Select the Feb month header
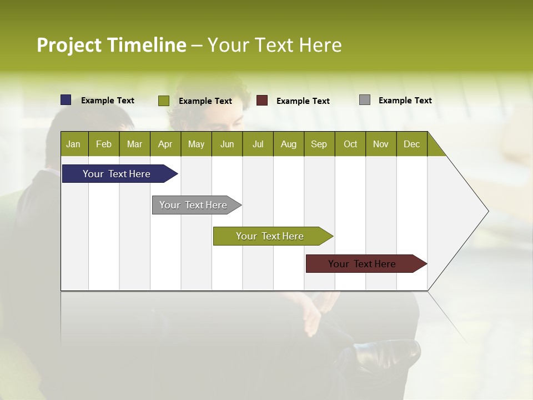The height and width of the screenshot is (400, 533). point(104,144)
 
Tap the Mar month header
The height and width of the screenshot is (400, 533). point(134,144)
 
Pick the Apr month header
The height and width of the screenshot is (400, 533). point(165,144)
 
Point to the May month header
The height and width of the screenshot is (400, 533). point(196,144)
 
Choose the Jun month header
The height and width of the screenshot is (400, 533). point(227,144)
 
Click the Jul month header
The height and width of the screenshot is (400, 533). point(258,144)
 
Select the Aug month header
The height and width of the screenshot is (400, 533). point(289,144)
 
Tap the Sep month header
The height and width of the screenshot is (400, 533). point(319,144)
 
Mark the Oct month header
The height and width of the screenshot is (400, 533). point(350,144)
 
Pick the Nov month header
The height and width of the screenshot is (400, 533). point(381,144)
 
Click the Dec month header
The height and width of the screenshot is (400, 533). point(412,144)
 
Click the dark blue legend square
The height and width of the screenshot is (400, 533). point(66,100)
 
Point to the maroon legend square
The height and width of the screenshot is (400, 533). point(262,101)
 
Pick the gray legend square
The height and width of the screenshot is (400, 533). point(365,100)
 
